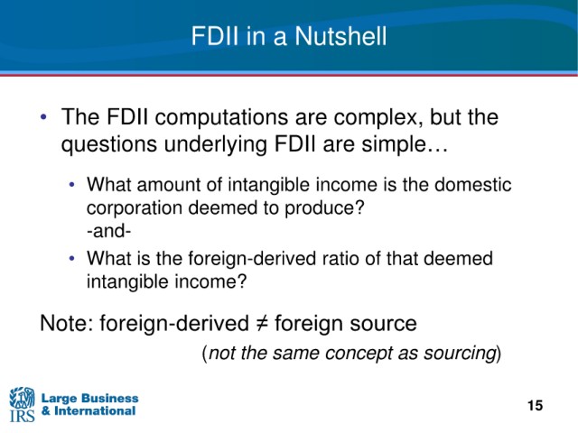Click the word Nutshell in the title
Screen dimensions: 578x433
click(x=340, y=36)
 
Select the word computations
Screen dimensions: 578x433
click(x=222, y=118)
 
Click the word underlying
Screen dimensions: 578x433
click(x=216, y=144)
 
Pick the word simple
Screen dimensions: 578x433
click(x=405, y=144)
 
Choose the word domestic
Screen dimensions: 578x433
click(x=473, y=184)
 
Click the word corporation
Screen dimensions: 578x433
click(x=135, y=208)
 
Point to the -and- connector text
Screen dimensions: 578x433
click(x=108, y=231)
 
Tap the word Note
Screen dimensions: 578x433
click(x=66, y=324)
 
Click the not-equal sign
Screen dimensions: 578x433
click(x=262, y=324)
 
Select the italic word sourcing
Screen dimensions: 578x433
click(x=460, y=353)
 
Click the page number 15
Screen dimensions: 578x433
click(x=535, y=406)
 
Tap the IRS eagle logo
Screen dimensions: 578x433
click(x=22, y=404)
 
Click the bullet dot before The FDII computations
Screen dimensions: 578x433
click(x=44, y=117)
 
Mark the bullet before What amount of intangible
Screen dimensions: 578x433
click(x=72, y=184)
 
